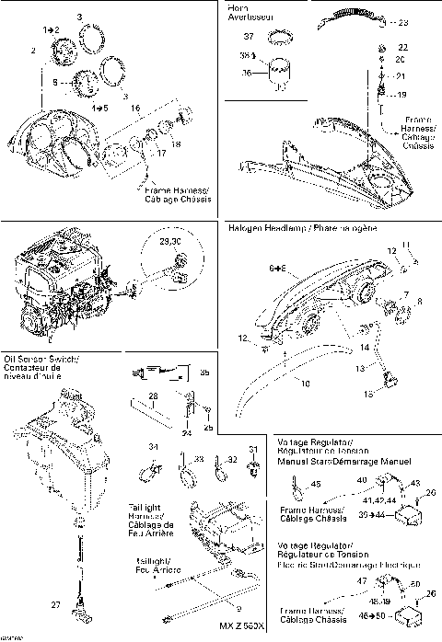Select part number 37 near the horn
pos(273,36)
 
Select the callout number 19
pos(402,95)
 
